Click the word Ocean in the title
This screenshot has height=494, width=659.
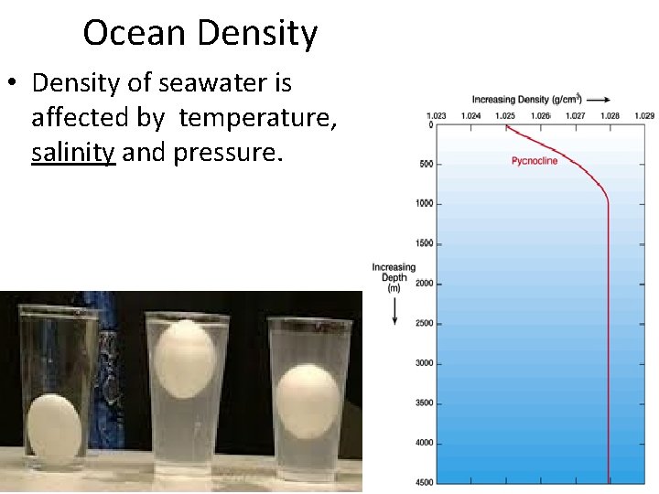click(136, 33)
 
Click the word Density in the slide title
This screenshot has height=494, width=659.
click(258, 35)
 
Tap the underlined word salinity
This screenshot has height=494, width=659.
click(73, 152)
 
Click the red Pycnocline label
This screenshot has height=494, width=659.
click(535, 161)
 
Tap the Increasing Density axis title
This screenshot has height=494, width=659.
click(523, 99)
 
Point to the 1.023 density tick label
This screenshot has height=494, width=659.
click(437, 115)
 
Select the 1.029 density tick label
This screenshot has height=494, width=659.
click(643, 115)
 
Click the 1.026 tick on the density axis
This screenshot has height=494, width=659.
click(540, 115)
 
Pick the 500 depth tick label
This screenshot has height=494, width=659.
click(423, 165)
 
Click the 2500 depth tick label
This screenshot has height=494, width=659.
click(421, 324)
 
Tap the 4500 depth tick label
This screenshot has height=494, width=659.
click(421, 482)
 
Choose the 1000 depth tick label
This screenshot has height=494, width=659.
click(421, 204)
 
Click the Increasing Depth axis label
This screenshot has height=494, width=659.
click(394, 277)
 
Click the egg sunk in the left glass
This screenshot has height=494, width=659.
click(54, 426)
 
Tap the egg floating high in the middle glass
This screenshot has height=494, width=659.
click(186, 359)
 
